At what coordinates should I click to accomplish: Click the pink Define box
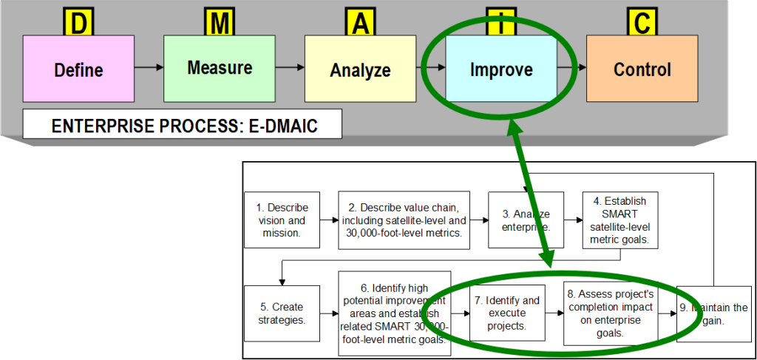click(x=78, y=69)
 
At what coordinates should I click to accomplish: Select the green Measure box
click(x=219, y=68)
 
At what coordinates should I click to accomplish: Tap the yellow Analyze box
click(x=359, y=69)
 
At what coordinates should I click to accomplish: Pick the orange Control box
click(x=642, y=69)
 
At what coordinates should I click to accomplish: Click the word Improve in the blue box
click(x=500, y=69)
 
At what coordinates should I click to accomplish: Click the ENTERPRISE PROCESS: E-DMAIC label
click(x=183, y=125)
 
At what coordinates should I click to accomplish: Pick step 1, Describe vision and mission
click(x=282, y=220)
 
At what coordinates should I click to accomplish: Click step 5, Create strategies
click(x=282, y=313)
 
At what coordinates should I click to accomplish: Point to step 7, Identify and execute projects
click(x=507, y=313)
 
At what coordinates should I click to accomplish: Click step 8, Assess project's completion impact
click(x=611, y=313)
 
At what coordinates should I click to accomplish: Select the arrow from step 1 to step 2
click(x=330, y=220)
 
